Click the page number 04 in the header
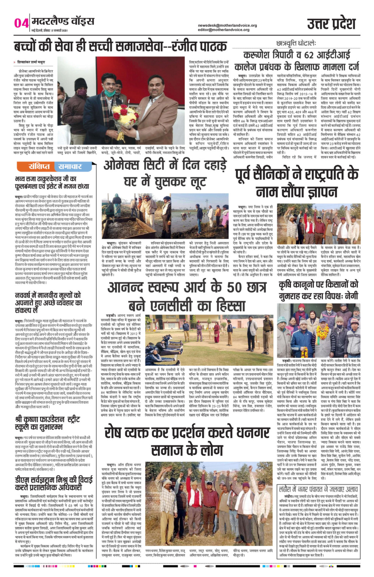point(21,23)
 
